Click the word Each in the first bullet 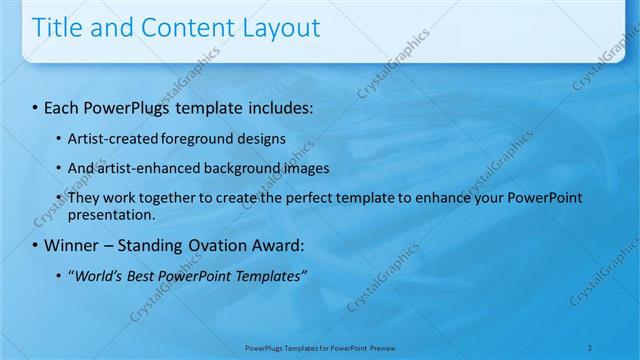[63, 105]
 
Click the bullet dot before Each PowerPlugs [36, 106]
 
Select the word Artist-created [109, 138]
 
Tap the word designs [259, 138]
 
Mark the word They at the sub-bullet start [83, 198]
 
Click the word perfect [297, 198]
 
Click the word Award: [269, 245]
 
